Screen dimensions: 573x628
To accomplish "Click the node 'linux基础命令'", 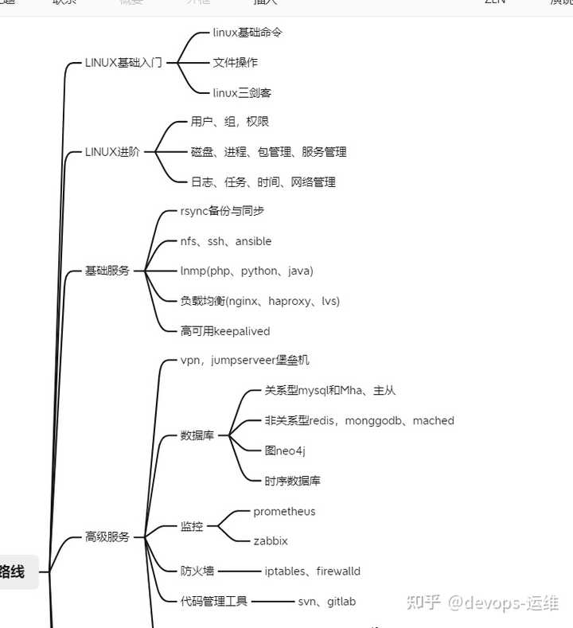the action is pos(248,33).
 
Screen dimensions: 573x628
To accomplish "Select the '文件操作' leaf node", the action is pos(235,62).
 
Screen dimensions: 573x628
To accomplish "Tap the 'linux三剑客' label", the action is pos(242,92).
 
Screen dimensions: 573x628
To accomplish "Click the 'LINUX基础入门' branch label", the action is pos(123,62).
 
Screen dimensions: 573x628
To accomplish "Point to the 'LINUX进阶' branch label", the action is pos(112,151).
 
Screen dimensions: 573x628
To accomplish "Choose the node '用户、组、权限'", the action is pos(230,122).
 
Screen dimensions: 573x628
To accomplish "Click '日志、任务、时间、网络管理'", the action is pos(263,181).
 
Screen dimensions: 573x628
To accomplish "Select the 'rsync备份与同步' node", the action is pos(223,211).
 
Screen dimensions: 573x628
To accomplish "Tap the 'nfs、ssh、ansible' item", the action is pos(226,241).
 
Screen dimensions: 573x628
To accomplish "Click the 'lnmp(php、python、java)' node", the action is pos(247,271).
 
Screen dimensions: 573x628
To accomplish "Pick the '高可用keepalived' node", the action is pos(225,331).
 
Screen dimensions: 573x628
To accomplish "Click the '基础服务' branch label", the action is pos(107,271).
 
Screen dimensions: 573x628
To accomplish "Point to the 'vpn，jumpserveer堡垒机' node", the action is pos(240,361).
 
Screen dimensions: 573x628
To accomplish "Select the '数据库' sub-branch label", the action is pos(197,435).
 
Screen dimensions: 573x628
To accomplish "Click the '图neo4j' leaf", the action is pos(285,451).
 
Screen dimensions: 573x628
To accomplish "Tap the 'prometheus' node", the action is pos(284,511).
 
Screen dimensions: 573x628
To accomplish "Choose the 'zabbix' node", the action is pos(271,540).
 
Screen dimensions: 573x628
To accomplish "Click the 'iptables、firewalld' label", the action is pos(313,571).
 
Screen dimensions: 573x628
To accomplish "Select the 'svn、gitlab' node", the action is pos(326,601).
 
